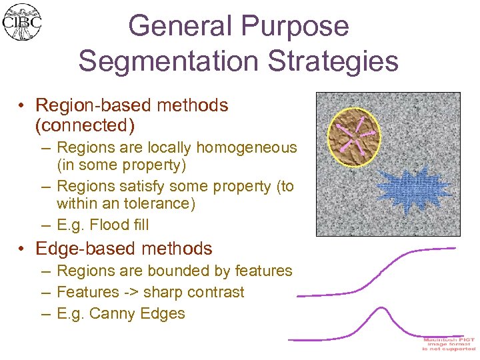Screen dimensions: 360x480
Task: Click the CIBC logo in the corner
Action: click(21, 21)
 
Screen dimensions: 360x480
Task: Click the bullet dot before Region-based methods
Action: click(23, 105)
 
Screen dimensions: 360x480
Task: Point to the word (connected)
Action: click(85, 125)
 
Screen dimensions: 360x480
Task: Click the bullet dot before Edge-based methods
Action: click(23, 249)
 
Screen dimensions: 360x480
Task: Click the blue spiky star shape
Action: click(407, 191)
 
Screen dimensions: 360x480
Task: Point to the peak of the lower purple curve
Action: click(379, 308)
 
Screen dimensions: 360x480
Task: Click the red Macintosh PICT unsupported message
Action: click(449, 343)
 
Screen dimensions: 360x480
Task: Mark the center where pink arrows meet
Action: click(356, 136)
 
